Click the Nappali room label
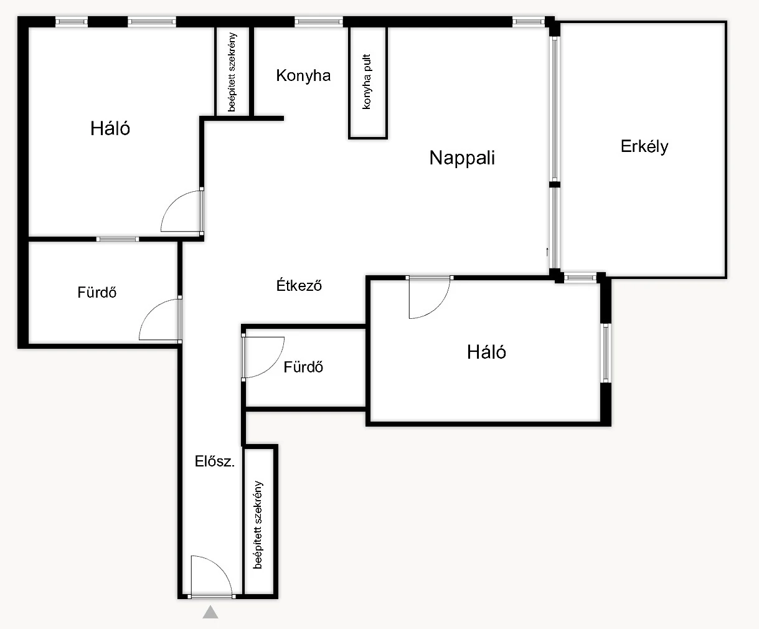click(462, 158)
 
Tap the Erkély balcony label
click(644, 146)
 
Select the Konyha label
click(303, 75)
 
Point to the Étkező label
click(299, 285)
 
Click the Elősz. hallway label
click(214, 461)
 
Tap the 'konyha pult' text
click(367, 82)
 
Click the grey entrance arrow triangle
click(210, 612)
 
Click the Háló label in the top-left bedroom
click(110, 128)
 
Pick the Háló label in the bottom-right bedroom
click(486, 352)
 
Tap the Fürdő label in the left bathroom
click(97, 292)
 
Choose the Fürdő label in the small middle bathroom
click(303, 367)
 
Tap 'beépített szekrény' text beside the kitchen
click(232, 72)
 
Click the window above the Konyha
click(318, 22)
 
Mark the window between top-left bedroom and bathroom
click(118, 239)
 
